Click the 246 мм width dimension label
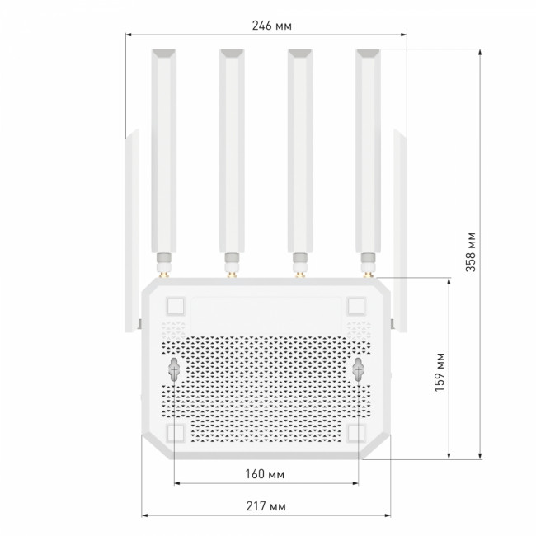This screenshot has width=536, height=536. (272, 26)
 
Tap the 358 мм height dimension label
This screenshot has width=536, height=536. (471, 252)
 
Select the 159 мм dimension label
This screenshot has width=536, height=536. (440, 372)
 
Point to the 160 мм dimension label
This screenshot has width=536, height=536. (265, 474)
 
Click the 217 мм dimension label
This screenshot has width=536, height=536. (266, 506)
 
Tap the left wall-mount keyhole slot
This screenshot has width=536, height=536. (174, 369)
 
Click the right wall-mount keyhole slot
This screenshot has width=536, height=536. (358, 369)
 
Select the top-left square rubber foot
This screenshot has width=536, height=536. (176, 306)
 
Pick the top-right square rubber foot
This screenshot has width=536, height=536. (356, 306)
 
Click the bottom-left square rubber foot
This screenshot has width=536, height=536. (176, 434)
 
